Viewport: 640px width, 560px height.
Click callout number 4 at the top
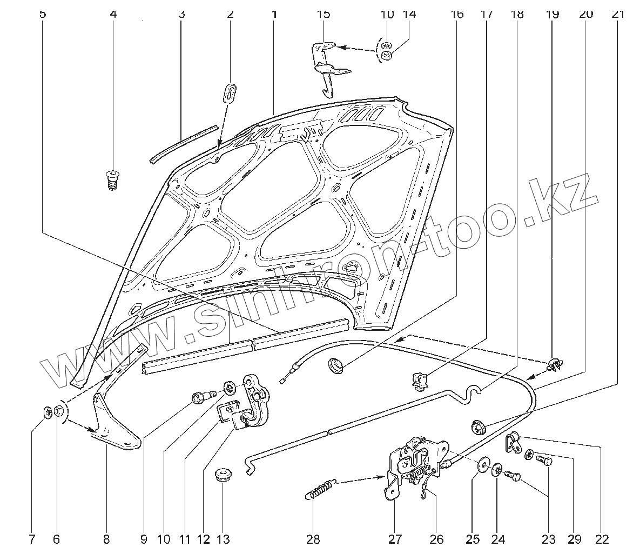113,14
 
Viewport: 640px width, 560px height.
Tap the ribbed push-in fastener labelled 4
112,179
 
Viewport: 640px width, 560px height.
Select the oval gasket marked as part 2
230,92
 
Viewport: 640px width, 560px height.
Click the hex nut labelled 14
387,56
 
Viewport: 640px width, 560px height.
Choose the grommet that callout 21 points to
477,427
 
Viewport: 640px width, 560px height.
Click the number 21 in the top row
618,14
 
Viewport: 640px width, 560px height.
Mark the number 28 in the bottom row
313,539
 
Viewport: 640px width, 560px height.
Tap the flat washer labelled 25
482,466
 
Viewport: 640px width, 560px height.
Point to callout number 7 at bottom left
31,539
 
